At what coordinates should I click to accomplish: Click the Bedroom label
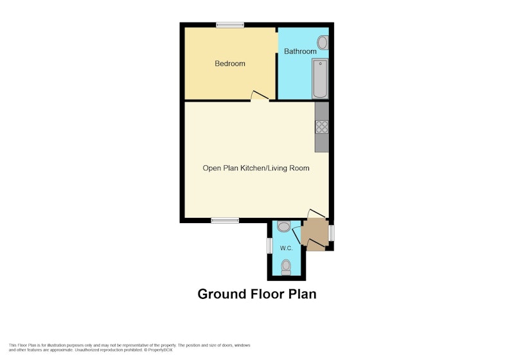click(x=230, y=64)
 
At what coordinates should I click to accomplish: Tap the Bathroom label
click(x=300, y=51)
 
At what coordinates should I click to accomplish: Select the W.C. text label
click(x=286, y=248)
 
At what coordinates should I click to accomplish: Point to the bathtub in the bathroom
click(x=320, y=78)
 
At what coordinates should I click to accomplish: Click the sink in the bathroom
click(x=323, y=43)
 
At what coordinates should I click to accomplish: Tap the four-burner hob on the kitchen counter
click(x=322, y=127)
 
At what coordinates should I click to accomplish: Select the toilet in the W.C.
click(x=286, y=267)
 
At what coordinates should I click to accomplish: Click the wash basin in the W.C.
click(x=284, y=226)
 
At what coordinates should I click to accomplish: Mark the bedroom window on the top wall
click(x=230, y=25)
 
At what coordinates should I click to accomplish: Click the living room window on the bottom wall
click(x=225, y=221)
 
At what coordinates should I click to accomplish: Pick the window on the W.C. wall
click(x=270, y=246)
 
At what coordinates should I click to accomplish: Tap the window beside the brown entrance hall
click(x=332, y=233)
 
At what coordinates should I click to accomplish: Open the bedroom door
click(x=260, y=96)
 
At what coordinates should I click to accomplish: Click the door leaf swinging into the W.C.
click(x=296, y=236)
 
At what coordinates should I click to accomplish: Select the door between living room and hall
click(x=316, y=213)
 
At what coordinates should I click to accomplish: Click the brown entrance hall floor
click(x=315, y=235)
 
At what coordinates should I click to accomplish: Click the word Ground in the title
click(x=222, y=294)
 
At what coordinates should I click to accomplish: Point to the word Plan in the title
click(x=302, y=294)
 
